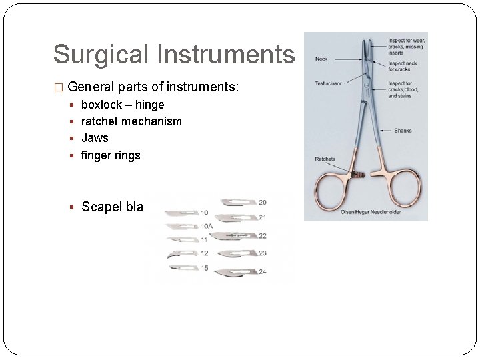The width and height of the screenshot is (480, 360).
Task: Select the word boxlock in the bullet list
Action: [101, 105]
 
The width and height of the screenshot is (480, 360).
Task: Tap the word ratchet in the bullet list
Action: [100, 121]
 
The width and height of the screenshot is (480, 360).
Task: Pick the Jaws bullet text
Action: [95, 138]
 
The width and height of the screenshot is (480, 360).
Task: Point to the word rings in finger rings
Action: [127, 155]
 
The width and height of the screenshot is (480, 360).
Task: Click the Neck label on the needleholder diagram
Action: [321, 59]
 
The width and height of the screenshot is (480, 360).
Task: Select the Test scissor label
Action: [329, 84]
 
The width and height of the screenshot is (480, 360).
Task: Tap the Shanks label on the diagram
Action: [402, 131]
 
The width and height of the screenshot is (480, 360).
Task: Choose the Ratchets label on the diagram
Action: [325, 159]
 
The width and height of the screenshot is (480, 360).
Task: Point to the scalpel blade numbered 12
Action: [181, 254]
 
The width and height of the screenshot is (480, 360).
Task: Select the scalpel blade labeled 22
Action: [233, 236]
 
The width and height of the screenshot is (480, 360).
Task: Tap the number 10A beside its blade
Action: [207, 226]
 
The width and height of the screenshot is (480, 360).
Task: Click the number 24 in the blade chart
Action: [263, 271]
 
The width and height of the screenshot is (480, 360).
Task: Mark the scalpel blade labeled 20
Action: [237, 201]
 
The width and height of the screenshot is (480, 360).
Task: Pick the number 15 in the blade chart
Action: [205, 268]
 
